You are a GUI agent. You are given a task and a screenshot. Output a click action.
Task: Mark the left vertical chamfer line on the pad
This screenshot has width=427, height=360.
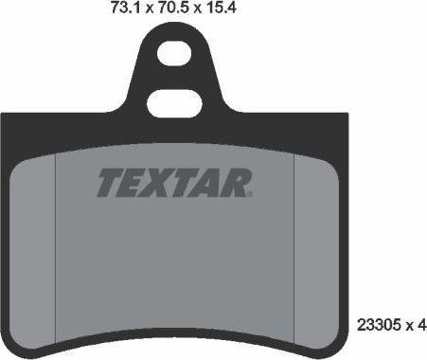58,237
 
